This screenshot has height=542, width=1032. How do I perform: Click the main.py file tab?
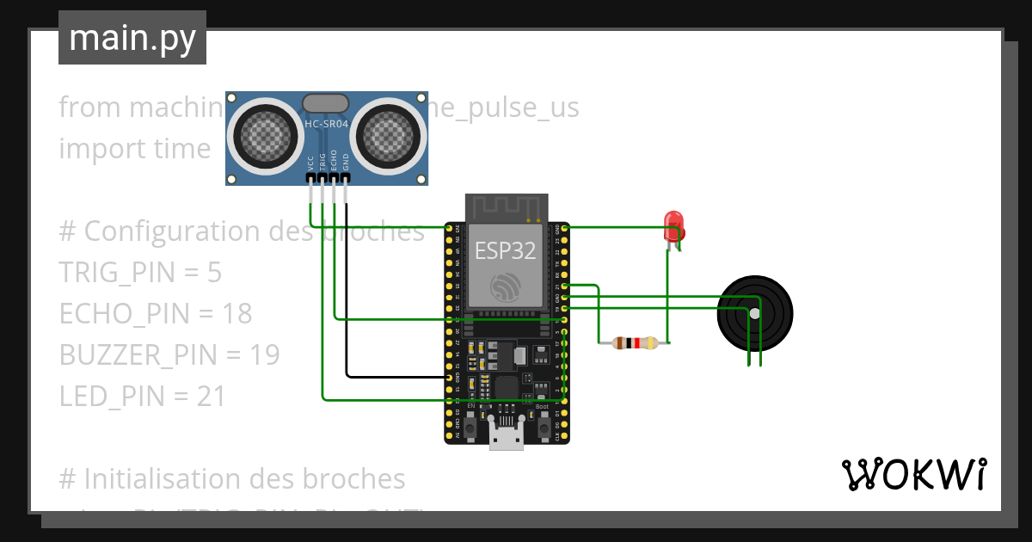132,38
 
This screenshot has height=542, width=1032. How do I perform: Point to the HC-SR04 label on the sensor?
326,124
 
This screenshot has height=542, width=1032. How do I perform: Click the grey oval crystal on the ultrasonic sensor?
326,103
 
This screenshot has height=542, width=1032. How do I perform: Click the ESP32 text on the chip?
506,251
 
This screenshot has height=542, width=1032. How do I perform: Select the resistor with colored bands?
635,343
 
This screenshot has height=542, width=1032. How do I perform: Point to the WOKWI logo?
913,474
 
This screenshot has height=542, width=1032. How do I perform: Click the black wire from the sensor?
347,293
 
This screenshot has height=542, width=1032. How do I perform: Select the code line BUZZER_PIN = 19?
169,354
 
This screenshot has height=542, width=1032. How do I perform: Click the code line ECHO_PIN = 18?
156,313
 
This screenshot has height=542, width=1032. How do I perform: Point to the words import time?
135,148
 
